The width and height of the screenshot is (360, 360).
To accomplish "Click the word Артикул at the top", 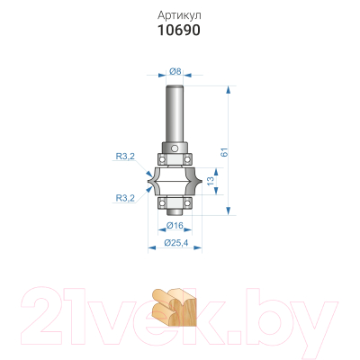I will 179,13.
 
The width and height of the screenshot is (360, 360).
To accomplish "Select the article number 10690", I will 179,29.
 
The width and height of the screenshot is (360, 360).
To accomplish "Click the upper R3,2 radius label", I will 125,157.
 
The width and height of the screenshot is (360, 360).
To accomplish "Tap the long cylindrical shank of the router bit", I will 174,112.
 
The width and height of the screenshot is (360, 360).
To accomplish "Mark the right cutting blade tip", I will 198,180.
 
